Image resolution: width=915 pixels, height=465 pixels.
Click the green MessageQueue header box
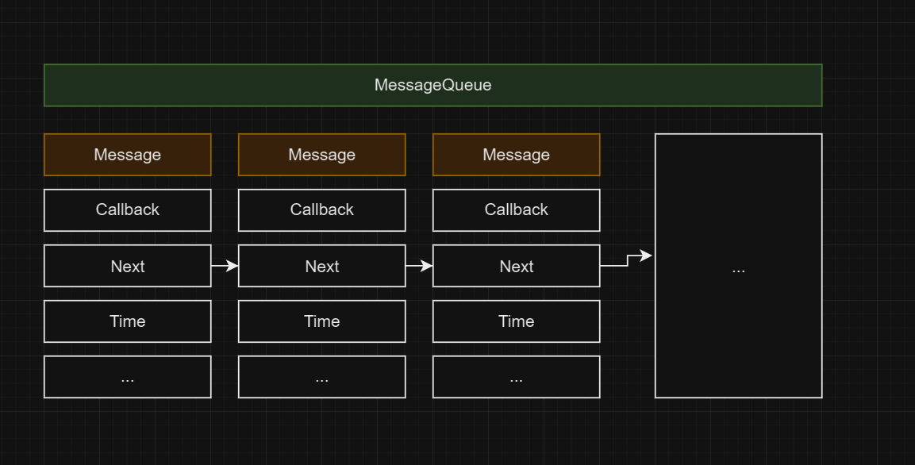(433, 85)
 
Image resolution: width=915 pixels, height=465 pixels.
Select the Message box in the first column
(127, 155)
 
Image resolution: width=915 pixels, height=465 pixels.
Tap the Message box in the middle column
(321, 155)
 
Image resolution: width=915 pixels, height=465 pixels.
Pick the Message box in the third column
(516, 155)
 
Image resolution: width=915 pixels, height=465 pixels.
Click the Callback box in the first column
(127, 210)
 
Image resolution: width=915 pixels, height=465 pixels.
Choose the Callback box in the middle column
(321, 210)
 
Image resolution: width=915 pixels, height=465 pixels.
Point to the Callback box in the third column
(516, 210)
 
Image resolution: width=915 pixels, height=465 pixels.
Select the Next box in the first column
(127, 266)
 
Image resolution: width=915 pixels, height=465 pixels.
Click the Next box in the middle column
(321, 266)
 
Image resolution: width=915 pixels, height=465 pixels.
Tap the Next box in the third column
(516, 266)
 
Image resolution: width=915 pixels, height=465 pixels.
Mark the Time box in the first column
(127, 321)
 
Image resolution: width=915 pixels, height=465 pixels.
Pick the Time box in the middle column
(321, 321)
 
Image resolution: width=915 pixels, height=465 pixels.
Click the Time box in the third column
(516, 321)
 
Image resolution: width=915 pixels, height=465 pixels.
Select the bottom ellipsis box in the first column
(127, 377)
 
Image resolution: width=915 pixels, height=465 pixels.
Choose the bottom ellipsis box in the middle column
(321, 377)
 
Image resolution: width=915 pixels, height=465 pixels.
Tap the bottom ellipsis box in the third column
(516, 377)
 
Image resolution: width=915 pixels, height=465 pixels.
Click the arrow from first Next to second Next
(225, 266)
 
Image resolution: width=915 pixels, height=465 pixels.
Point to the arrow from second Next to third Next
(419, 266)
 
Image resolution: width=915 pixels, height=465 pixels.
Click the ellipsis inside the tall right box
(738, 269)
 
